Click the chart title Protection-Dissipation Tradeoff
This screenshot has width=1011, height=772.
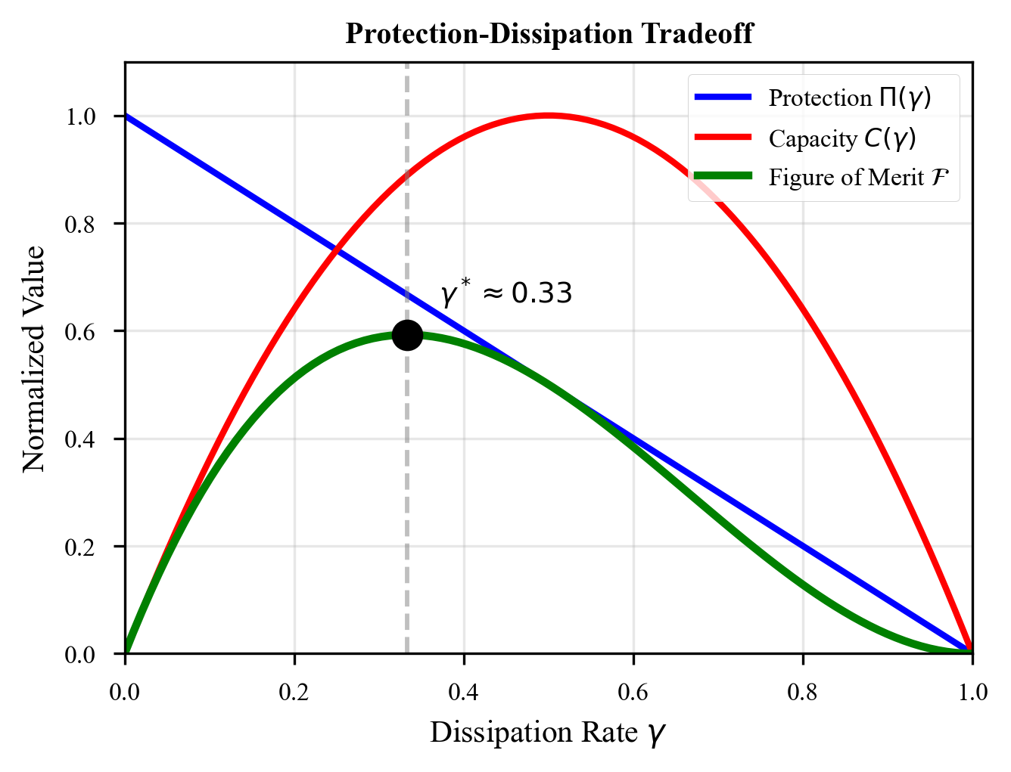(549, 34)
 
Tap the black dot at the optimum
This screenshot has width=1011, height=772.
(407, 335)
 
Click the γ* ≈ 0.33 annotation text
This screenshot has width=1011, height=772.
(506, 293)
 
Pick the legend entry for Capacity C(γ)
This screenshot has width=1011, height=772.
(841, 138)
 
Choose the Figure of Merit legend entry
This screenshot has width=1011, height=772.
(859, 178)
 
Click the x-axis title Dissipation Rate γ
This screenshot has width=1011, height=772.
(549, 733)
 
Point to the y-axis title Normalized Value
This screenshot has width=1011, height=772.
(34, 358)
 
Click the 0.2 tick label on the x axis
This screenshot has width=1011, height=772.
(294, 693)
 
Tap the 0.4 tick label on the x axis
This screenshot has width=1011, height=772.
(463, 693)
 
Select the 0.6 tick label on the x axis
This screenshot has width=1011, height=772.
(633, 693)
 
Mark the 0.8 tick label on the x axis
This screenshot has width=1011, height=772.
(802, 693)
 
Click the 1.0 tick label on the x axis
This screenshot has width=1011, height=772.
(972, 693)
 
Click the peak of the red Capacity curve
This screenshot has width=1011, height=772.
(549, 116)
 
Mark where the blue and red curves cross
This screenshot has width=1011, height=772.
(337, 250)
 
